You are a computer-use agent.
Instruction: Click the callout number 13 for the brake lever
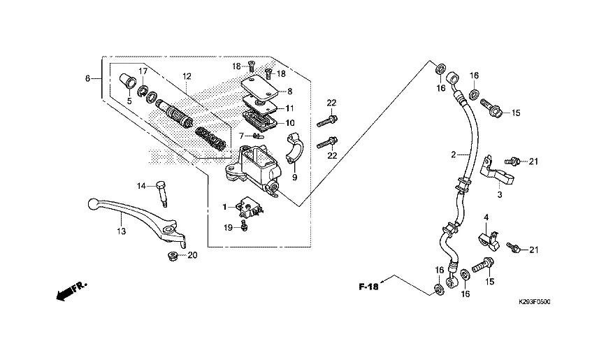coord(120,231)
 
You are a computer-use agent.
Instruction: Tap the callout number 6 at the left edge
coord(88,78)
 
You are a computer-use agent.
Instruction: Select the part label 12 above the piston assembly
coord(187,76)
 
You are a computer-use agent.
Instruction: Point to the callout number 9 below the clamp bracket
coord(294,178)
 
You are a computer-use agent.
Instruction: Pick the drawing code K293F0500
coord(535,302)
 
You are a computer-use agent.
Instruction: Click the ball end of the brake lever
coord(93,204)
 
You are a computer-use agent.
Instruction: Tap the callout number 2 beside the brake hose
coord(453,154)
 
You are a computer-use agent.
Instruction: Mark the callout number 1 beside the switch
coord(226,207)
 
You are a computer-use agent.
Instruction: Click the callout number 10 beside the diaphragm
coord(290,123)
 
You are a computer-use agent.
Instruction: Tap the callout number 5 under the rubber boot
coord(128,101)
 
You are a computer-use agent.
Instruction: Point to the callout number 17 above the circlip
coord(142,71)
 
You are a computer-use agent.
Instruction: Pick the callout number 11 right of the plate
coord(289,108)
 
